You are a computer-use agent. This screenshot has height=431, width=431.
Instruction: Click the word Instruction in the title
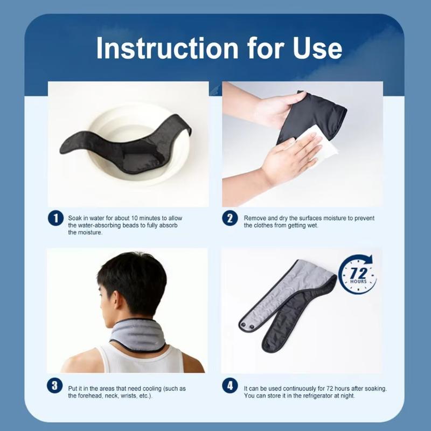(167, 48)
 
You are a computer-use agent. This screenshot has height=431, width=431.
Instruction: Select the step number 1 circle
(56, 218)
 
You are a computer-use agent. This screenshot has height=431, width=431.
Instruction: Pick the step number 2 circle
(230, 218)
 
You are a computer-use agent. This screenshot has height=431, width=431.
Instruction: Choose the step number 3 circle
(55, 385)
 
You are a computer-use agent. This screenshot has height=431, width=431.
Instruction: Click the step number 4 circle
(230, 385)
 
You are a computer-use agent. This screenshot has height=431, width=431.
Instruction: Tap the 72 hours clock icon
(357, 274)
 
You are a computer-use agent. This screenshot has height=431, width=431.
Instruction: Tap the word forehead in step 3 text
(91, 396)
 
